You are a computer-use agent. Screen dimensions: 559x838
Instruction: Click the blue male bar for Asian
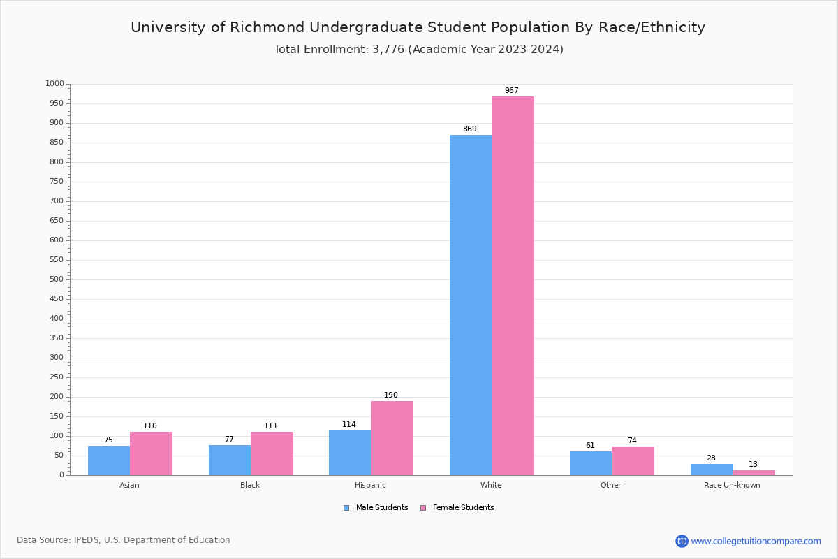(109, 460)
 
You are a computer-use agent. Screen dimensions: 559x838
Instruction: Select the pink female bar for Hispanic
(392, 438)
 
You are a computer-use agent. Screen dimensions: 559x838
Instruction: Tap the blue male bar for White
(470, 305)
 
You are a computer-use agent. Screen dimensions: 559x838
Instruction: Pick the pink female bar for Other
(633, 461)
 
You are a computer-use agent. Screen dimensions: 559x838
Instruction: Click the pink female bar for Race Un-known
(754, 472)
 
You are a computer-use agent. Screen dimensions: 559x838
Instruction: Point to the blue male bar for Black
(229, 460)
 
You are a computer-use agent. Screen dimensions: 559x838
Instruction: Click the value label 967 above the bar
(512, 91)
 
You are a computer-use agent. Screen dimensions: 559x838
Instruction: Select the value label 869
(470, 129)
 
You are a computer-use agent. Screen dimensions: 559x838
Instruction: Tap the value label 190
(391, 395)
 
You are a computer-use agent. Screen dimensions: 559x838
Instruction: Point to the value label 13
(753, 465)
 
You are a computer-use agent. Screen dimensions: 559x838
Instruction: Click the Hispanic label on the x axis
(370, 485)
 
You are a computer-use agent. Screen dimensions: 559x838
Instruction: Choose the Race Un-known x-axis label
(732, 485)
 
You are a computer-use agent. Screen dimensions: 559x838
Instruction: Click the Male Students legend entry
(381, 508)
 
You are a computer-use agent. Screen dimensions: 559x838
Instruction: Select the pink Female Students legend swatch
(423, 508)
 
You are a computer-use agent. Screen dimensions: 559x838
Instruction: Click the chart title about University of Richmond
(418, 27)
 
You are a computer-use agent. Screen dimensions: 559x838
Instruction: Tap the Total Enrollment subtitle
(418, 50)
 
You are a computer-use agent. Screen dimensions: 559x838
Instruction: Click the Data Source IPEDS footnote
(124, 540)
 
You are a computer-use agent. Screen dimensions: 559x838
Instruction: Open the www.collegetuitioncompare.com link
(756, 541)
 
